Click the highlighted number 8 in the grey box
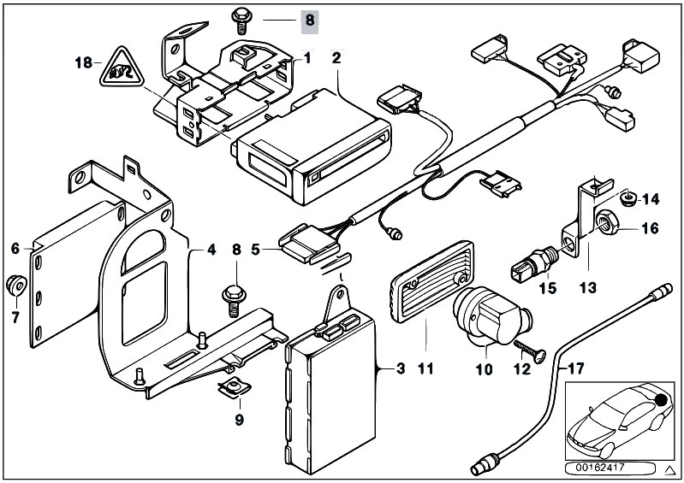(x=310, y=21)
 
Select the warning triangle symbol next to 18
(x=122, y=67)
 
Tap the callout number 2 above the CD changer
(x=336, y=58)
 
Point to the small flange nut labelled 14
(x=627, y=199)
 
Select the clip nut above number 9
(x=234, y=387)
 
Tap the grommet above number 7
(x=16, y=285)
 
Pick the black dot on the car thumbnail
(x=663, y=399)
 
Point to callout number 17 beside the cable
(x=576, y=369)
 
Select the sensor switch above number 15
(x=534, y=262)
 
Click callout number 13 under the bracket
(x=587, y=287)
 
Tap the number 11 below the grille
(x=425, y=369)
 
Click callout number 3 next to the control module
(x=401, y=368)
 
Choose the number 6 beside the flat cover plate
(x=15, y=248)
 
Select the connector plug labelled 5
(x=309, y=244)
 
